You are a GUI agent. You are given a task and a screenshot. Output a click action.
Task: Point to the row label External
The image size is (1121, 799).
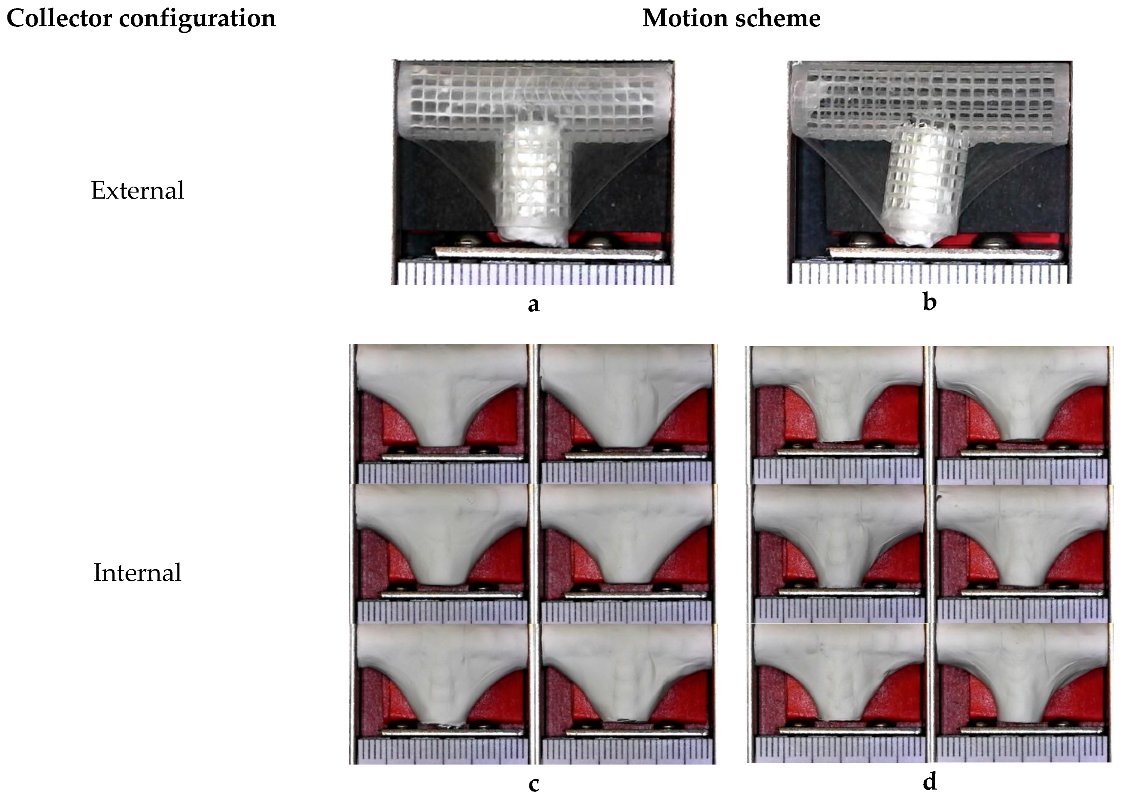137,191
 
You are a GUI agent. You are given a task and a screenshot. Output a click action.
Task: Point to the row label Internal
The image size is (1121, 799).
137,573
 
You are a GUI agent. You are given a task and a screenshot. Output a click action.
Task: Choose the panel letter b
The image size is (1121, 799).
929,302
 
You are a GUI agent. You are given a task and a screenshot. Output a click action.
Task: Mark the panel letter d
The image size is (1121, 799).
929,781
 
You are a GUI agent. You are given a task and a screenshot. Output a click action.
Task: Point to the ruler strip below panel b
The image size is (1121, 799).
929,273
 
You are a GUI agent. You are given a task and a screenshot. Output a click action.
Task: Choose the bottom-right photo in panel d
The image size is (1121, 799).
1021,694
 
